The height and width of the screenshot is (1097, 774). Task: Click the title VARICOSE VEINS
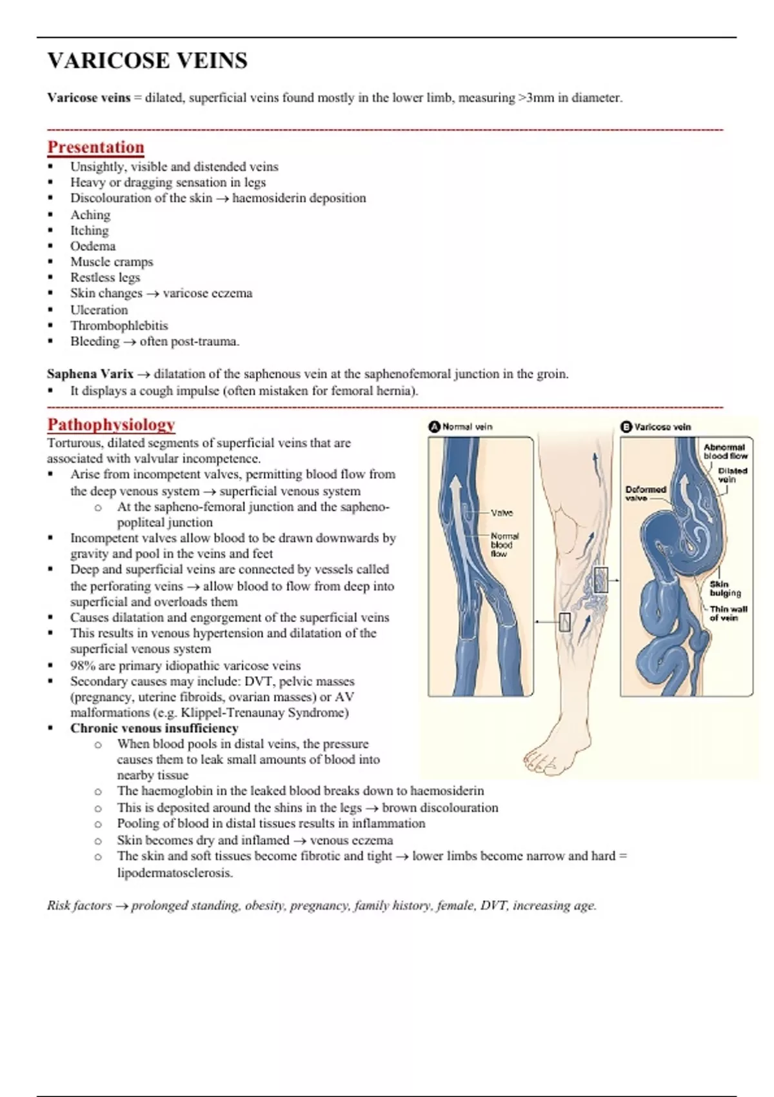pyautogui.click(x=147, y=61)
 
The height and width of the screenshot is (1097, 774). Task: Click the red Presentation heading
pyautogui.click(x=95, y=147)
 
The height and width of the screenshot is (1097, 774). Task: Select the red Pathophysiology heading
pyautogui.click(x=111, y=425)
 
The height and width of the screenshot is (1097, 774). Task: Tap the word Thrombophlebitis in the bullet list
pyautogui.click(x=119, y=325)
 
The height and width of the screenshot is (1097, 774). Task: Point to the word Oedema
pyautogui.click(x=93, y=246)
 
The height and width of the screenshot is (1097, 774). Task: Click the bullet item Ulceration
pyautogui.click(x=99, y=310)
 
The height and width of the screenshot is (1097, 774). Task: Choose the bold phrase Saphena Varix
pyautogui.click(x=90, y=374)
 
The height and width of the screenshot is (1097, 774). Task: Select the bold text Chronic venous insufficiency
pyautogui.click(x=154, y=728)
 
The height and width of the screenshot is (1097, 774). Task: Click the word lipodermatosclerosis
pyautogui.click(x=174, y=872)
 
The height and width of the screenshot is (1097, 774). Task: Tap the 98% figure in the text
pyautogui.click(x=81, y=665)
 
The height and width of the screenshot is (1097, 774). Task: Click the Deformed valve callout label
pyautogui.click(x=645, y=494)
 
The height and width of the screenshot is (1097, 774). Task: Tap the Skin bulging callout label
pyautogui.click(x=725, y=589)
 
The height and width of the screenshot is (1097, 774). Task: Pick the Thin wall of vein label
pyautogui.click(x=728, y=613)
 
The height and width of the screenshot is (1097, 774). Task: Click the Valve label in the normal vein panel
pyautogui.click(x=502, y=513)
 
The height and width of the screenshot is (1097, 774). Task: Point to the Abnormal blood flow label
pyautogui.click(x=725, y=451)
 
